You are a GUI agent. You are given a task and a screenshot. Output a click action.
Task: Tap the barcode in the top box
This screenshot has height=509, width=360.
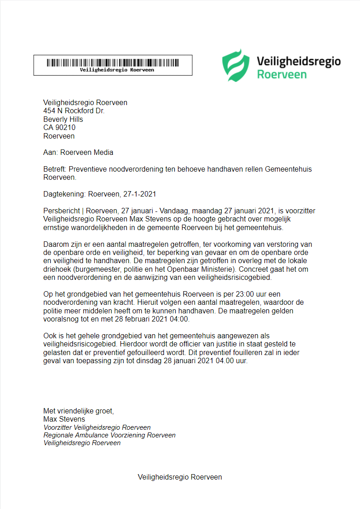(x=113, y=62)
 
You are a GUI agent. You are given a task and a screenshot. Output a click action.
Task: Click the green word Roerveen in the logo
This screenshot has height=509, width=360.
(x=282, y=74)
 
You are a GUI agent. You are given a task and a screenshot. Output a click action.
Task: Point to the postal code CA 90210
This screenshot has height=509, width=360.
(x=59, y=128)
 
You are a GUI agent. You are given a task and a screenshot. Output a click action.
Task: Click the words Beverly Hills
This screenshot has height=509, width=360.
(x=63, y=120)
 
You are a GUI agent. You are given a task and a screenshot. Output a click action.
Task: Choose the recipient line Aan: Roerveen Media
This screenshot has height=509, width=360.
(x=78, y=153)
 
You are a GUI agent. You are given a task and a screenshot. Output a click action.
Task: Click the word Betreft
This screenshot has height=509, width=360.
(x=54, y=169)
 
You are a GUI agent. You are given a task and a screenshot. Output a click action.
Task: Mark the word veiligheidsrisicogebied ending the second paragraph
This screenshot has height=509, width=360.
(x=232, y=278)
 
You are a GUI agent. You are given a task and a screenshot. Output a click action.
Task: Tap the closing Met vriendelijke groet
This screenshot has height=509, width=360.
(x=79, y=411)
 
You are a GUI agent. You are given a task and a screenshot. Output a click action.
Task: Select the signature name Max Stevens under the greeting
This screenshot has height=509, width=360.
(x=64, y=419)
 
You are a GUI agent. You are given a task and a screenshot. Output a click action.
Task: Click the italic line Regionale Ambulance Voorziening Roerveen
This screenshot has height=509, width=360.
(x=109, y=435)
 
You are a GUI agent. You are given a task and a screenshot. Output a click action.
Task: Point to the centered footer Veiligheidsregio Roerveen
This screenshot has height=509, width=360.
(x=180, y=477)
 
